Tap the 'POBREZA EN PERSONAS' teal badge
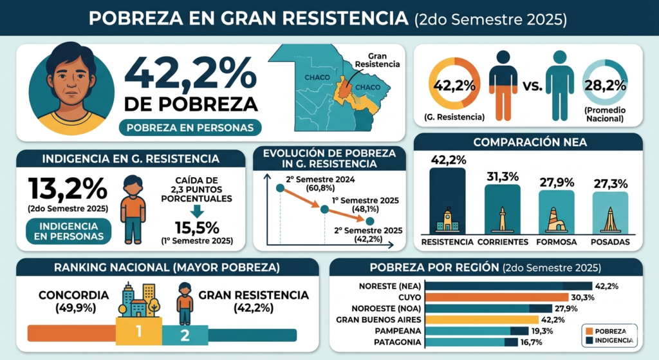(x=190, y=127)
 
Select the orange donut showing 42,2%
(x=454, y=84)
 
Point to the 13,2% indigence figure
(x=67, y=188)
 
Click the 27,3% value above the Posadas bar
(x=610, y=184)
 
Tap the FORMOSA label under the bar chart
(x=555, y=242)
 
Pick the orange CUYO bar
(x=496, y=298)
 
